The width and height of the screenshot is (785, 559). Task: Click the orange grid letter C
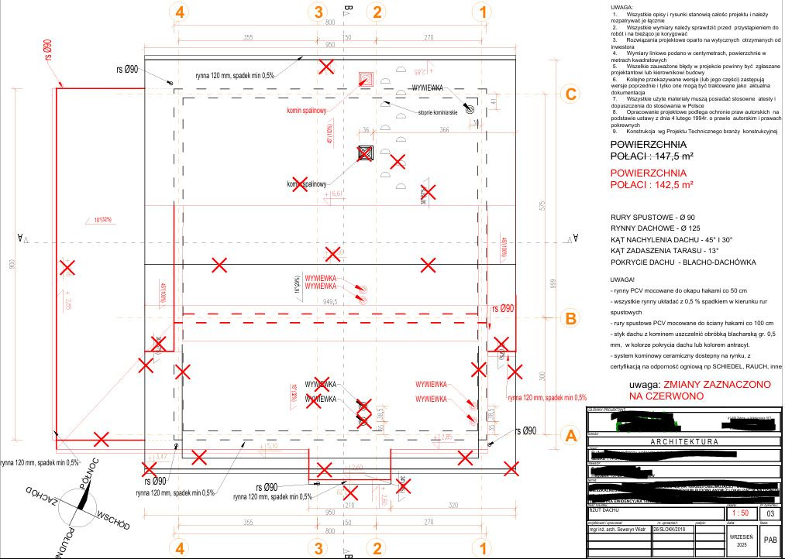(570, 94)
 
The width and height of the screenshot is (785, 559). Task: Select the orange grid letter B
(570, 318)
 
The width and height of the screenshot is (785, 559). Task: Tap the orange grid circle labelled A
(570, 436)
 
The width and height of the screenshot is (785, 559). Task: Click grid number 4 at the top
(181, 12)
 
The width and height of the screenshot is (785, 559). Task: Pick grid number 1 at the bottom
(484, 548)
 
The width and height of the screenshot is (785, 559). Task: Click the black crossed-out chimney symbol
(366, 153)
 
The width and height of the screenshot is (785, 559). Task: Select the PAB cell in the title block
(770, 540)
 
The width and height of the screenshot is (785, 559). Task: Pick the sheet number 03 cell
(769, 513)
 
